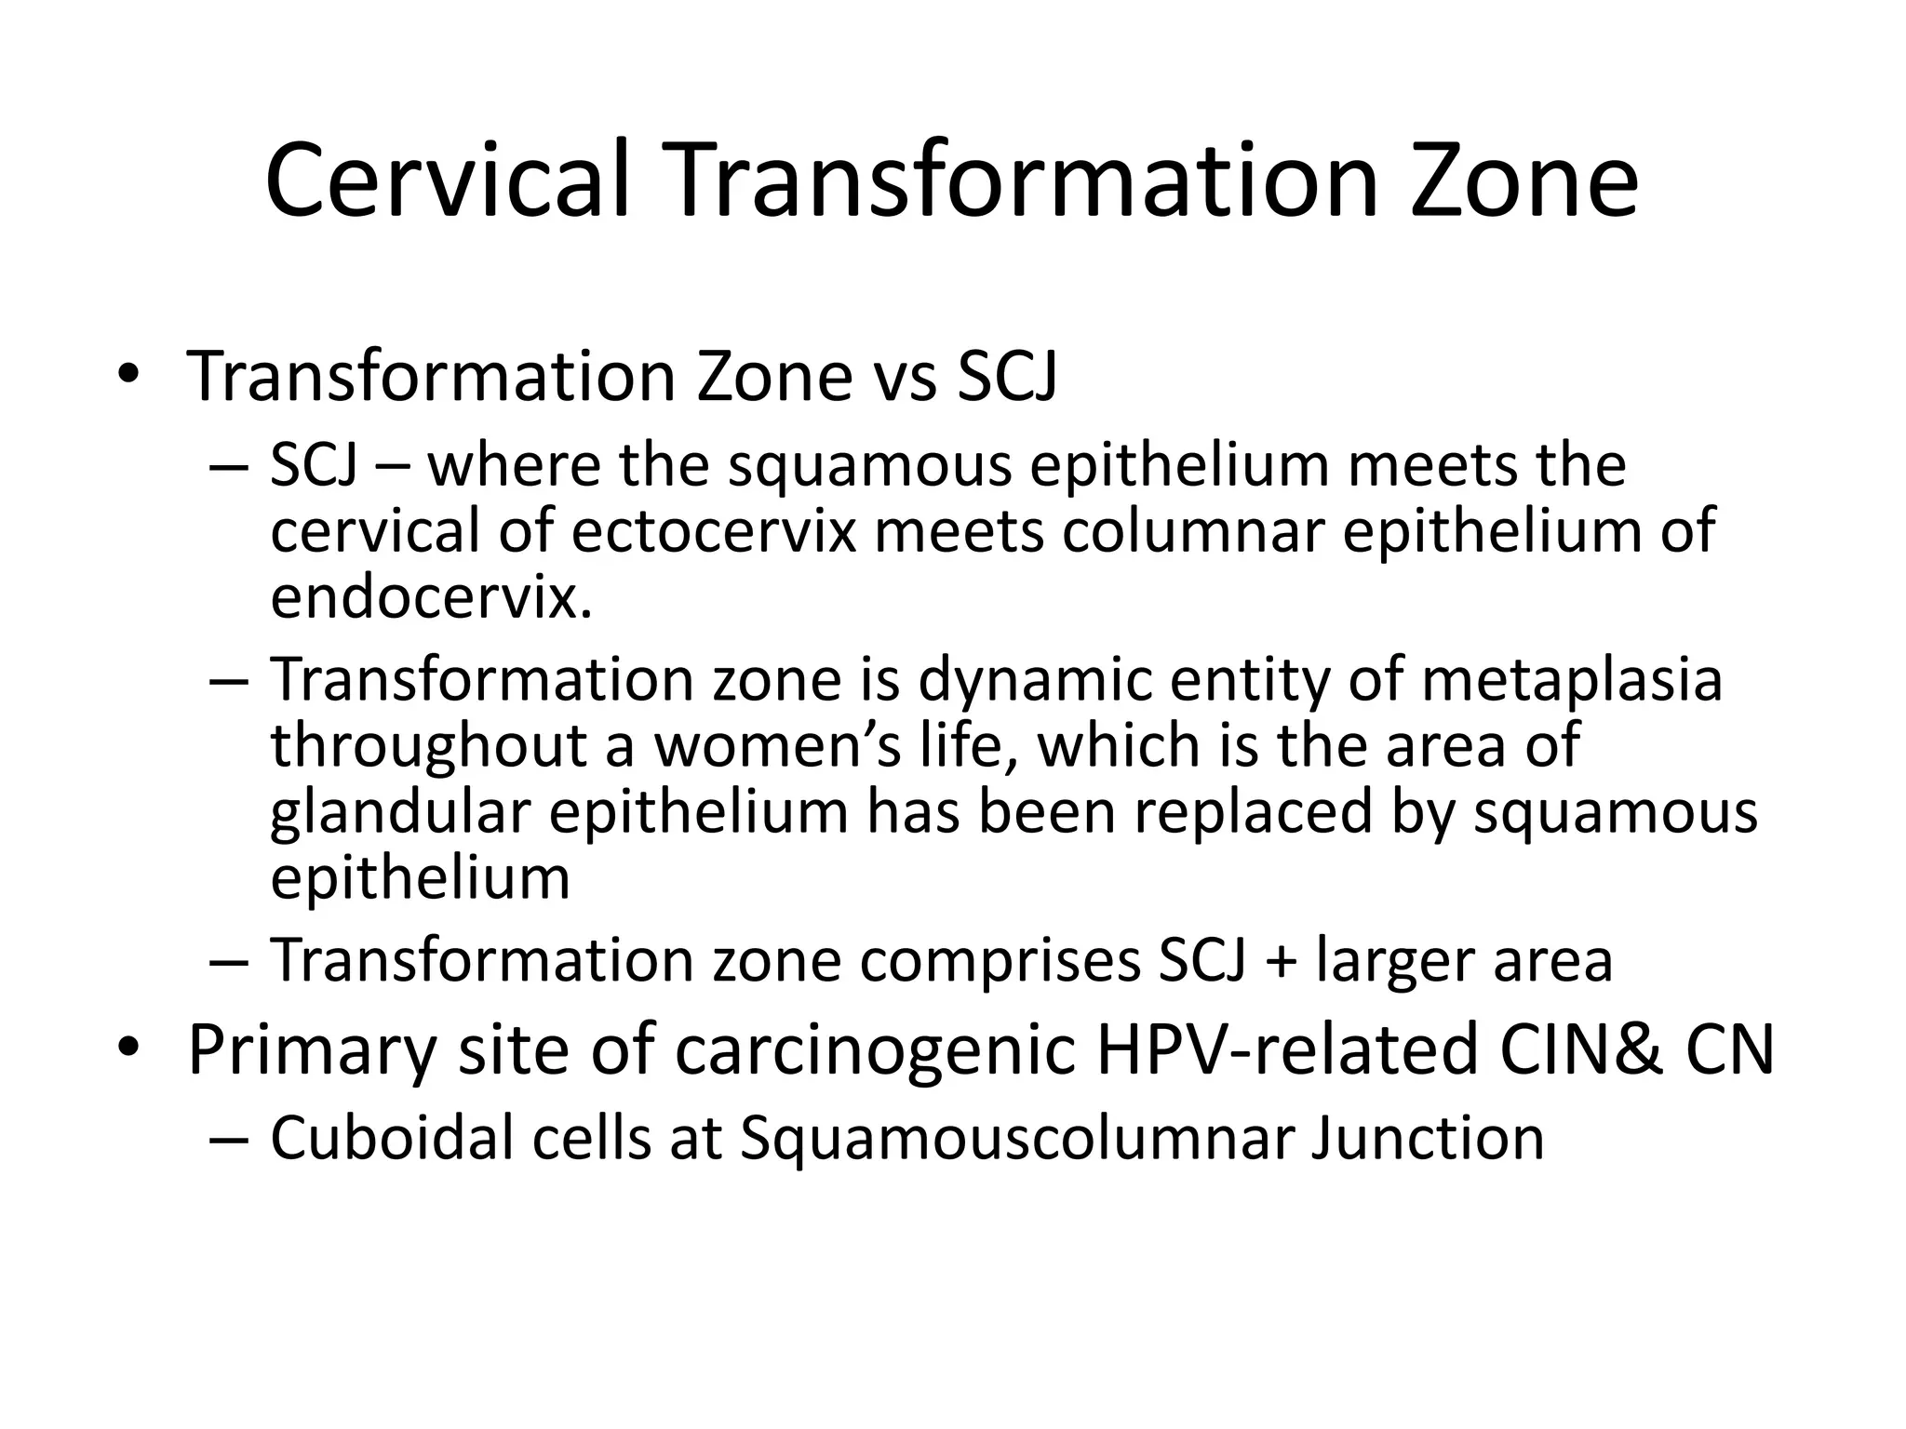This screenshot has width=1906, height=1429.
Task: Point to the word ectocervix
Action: (714, 531)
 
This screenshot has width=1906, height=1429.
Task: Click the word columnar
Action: (1194, 531)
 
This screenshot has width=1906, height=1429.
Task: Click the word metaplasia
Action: (1572, 680)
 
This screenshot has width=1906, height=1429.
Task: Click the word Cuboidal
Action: (392, 1138)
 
